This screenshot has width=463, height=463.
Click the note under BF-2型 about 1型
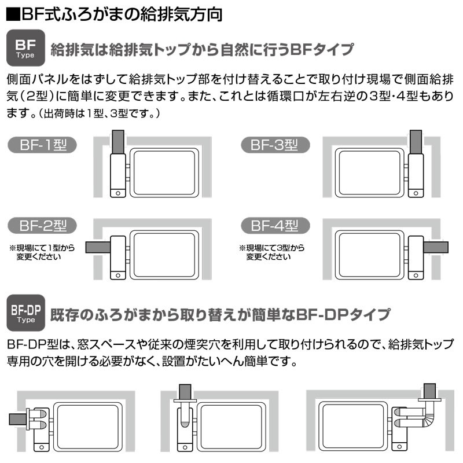[x=42, y=252]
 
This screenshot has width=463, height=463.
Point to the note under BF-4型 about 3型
[x=272, y=252]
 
